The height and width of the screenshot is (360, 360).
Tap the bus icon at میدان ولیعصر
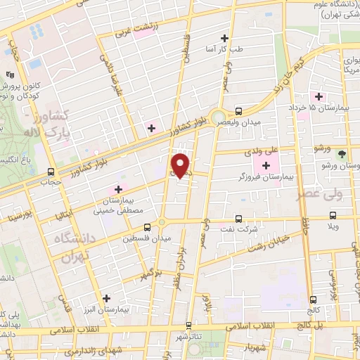point(239,111)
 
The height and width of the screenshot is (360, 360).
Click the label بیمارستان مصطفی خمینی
point(118,204)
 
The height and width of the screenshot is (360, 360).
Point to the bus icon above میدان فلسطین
point(147,227)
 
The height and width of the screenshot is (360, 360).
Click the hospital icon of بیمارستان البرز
point(106,298)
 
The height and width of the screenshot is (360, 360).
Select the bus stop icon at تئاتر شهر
point(189,326)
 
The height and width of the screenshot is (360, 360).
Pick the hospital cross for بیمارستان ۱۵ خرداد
point(319,96)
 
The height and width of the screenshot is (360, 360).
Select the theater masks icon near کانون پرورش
point(10,74)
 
